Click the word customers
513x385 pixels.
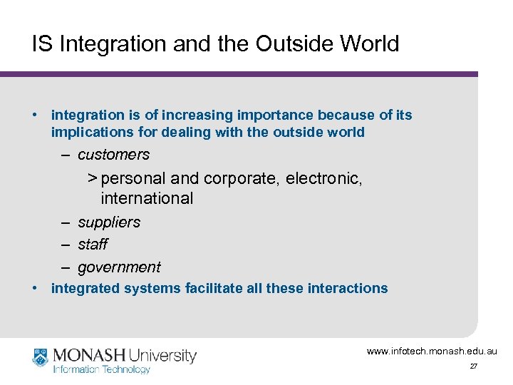pos(113,155)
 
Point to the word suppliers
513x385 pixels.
pos(109,222)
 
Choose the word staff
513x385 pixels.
pos(93,245)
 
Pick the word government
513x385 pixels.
pos(119,267)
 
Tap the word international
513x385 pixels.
pos(147,198)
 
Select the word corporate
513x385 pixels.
pos(242,178)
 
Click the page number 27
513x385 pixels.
pos(473,366)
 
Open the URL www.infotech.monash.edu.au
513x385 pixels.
pos(432,351)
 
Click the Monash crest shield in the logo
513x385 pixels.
pos(41,357)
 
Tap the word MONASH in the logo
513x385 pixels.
pos(87,355)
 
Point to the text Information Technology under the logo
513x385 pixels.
pos(101,369)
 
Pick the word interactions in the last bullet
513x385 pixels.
pos(348,289)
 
